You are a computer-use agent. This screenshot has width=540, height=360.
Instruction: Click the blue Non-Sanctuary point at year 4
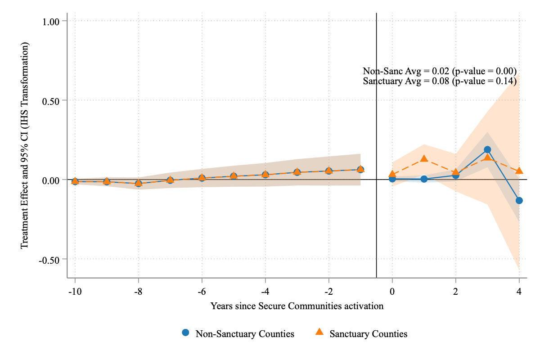(519, 200)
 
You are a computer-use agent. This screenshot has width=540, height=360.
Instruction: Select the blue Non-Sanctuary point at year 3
(487, 149)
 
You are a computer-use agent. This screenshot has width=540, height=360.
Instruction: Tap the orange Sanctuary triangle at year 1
(424, 158)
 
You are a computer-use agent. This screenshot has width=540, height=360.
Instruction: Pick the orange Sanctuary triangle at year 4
(519, 171)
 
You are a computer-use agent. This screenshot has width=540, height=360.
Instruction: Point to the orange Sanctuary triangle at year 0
(392, 174)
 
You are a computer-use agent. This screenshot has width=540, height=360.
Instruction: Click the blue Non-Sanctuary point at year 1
(424, 179)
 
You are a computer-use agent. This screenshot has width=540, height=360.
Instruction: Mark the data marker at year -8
(139, 183)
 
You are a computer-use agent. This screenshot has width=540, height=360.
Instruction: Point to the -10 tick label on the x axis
(75, 291)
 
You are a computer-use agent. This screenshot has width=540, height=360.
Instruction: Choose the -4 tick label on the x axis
(265, 291)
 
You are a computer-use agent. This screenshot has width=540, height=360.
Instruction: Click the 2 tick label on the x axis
(455, 291)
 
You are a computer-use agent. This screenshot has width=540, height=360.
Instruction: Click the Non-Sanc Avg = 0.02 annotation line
(439, 71)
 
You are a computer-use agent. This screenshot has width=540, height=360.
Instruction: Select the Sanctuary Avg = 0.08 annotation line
(439, 81)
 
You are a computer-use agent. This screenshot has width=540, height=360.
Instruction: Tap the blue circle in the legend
(185, 333)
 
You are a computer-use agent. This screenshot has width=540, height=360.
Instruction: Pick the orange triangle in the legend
(319, 333)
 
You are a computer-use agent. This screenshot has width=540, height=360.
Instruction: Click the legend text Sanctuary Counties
(368, 334)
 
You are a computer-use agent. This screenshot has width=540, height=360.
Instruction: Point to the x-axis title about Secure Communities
(297, 306)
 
